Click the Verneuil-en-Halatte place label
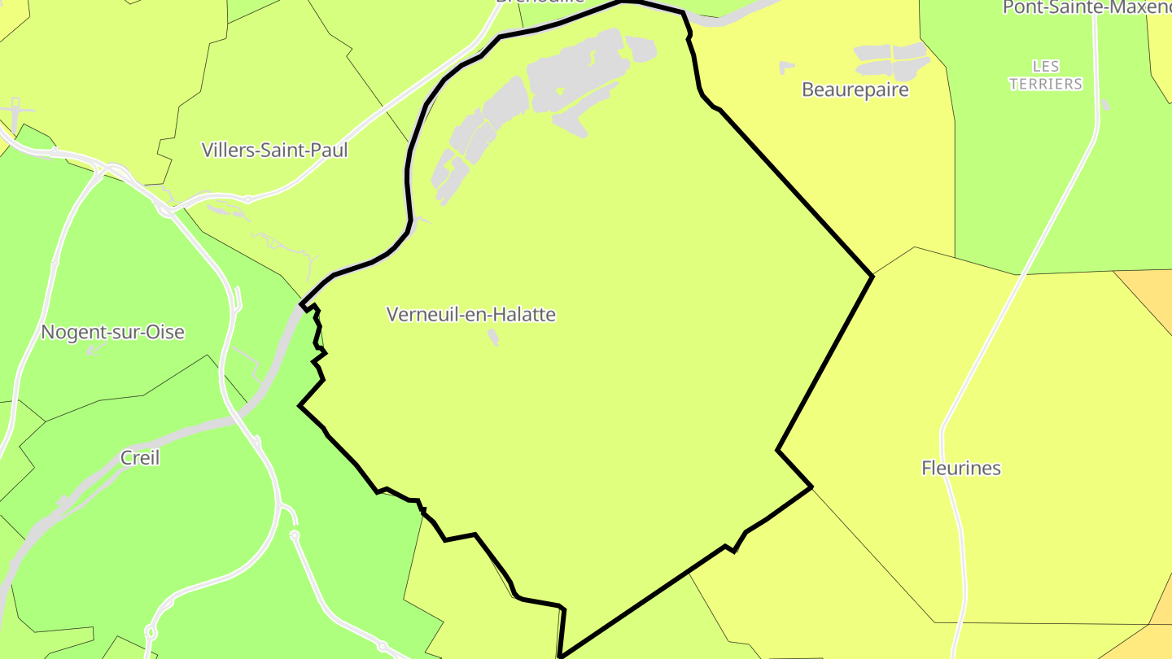pos(471,314)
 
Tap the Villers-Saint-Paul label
pos(274,151)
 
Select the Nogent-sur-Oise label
pos(112,332)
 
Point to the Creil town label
pos(140,458)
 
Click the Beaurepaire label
pos(855,89)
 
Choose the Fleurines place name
pos(961,468)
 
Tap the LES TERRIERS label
pos(1046,75)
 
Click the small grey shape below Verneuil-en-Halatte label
pos(493,337)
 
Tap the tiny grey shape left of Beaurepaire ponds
pos(785,68)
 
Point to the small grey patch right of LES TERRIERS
pos(1104,105)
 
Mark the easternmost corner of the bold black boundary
pos(872,276)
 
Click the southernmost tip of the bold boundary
pos(560,656)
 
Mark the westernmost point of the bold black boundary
pos(300,405)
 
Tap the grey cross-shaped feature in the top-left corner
pos(16,110)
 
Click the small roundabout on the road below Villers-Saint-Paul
pos(248,199)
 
